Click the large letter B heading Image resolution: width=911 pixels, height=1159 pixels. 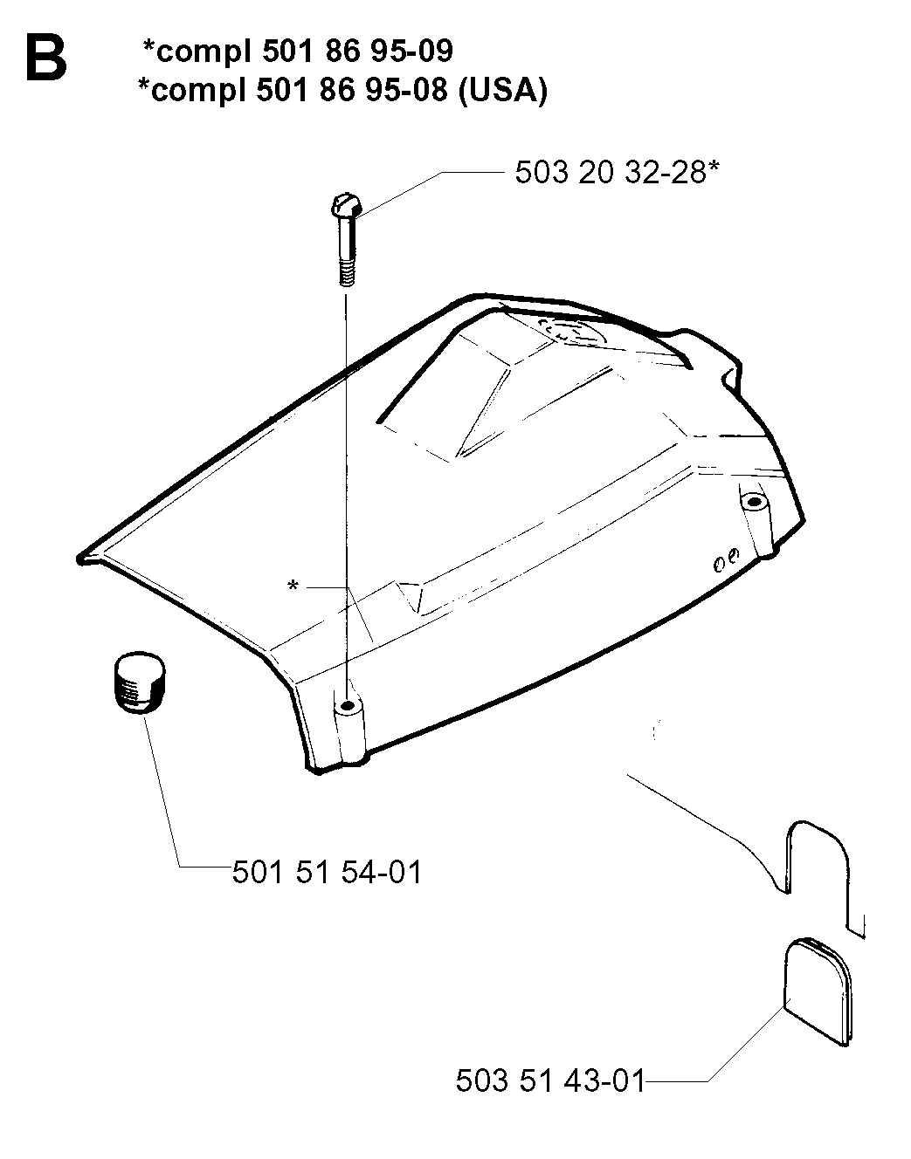click(x=46, y=58)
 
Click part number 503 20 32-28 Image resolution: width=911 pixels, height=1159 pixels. click(x=611, y=173)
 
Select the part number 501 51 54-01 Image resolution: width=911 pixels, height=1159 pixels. click(x=328, y=872)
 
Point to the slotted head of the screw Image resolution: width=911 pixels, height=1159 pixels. click(x=347, y=206)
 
